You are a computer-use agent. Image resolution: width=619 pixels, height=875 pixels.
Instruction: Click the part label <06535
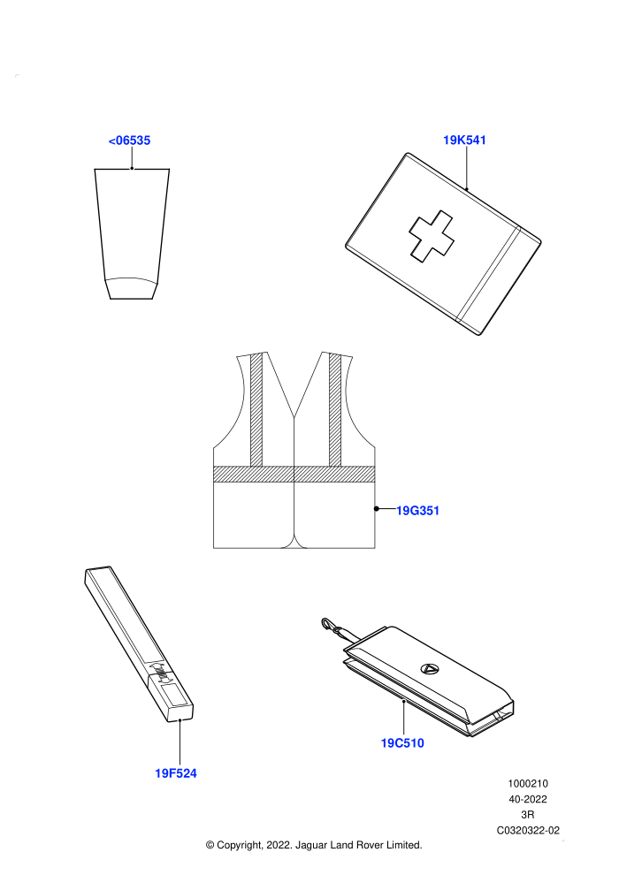129,141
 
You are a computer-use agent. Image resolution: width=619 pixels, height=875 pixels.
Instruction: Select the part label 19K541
464,140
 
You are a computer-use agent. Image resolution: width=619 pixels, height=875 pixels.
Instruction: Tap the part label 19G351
417,511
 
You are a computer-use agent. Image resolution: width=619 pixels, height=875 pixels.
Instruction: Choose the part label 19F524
176,773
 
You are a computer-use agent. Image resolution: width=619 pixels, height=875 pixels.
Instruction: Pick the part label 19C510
402,743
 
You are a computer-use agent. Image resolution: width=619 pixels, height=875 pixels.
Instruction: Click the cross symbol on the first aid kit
432,236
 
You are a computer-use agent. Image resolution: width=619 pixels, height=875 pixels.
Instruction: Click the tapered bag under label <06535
132,234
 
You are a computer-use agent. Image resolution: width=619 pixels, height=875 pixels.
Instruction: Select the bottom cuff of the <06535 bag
132,288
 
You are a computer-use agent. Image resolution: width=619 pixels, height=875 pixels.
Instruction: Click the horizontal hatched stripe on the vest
294,474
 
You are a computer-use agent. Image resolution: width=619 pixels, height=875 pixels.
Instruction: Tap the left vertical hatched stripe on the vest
256,409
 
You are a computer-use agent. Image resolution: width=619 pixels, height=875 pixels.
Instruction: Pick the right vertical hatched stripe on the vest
335,409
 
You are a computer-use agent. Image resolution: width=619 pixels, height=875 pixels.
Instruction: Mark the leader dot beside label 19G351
377,508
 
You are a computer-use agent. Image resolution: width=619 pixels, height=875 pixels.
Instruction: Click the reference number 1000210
528,783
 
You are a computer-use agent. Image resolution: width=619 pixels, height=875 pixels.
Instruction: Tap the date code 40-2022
528,799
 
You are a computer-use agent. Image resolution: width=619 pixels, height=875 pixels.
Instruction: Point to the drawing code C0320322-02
528,830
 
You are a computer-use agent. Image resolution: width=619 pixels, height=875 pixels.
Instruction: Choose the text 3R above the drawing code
528,815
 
